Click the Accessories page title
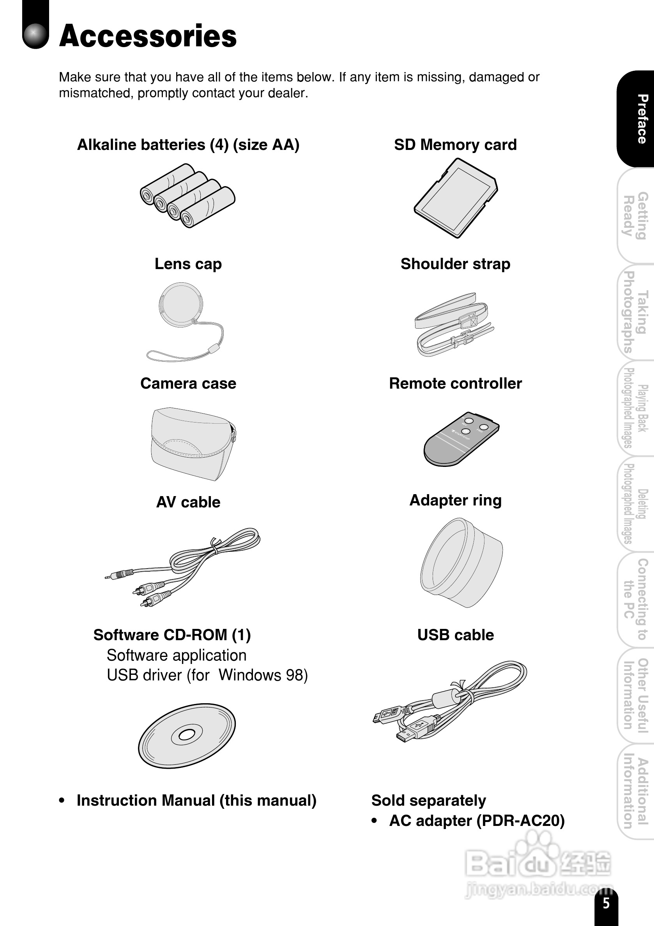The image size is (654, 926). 148,36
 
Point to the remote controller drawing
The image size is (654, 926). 461,439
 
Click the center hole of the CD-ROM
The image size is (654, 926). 187,735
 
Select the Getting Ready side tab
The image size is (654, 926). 636,216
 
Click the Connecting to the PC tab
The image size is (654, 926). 636,599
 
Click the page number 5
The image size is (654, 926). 606,903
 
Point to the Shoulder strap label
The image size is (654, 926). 455,264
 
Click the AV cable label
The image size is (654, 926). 188,502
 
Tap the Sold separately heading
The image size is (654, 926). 428,800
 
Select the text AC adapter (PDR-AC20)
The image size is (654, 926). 476,820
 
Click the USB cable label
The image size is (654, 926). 455,635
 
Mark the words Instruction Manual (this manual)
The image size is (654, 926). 196,800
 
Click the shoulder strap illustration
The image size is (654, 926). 454,325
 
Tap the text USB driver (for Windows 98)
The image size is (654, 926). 207,675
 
